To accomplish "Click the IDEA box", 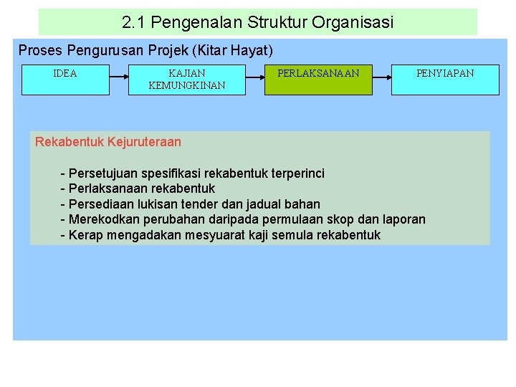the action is click(65, 80).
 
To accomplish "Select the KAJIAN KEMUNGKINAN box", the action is click(186, 80).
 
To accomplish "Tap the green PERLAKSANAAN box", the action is click(319, 80).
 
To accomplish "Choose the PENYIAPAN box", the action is click(445, 80).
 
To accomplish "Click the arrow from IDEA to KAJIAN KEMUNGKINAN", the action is click(119, 73).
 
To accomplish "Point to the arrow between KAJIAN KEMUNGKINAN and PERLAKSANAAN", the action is click(255, 73).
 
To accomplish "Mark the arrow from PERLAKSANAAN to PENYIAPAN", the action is click(382, 73).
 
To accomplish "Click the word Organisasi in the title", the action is click(353, 23).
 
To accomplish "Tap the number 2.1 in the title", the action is click(132, 23).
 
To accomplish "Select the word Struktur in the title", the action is click(277, 23).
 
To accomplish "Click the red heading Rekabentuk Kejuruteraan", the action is click(108, 142).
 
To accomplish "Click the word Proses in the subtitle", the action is click(40, 50).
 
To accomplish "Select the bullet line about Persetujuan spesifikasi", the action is click(192, 173).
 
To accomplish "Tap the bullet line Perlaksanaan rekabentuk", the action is click(138, 188).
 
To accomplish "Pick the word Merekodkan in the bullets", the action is click(104, 219).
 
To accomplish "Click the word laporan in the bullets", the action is click(403, 219).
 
